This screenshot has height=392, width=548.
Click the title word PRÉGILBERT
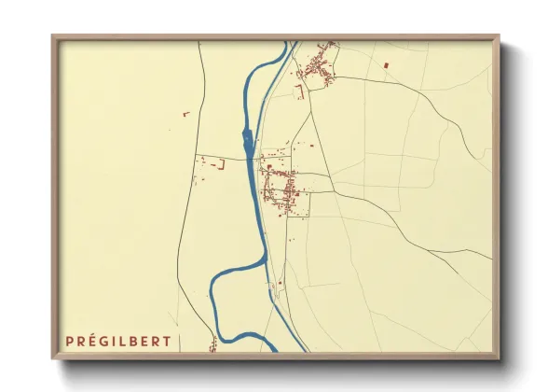coord(118,342)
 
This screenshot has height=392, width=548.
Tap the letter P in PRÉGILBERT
coord(70,342)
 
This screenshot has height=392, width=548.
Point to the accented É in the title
coord(93,342)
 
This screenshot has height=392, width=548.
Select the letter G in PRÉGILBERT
coord(105,342)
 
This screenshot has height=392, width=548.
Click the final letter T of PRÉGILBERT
coord(167,342)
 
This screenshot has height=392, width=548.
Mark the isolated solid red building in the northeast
coord(385,64)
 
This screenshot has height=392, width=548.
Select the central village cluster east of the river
coord(281,182)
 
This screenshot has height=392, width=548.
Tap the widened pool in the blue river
coord(247,143)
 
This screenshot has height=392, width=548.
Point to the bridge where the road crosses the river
coord(252,159)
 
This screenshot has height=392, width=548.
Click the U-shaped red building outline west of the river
coord(221,165)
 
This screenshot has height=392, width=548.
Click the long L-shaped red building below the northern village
coord(300,91)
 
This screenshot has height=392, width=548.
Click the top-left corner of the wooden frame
coord(53,37)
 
